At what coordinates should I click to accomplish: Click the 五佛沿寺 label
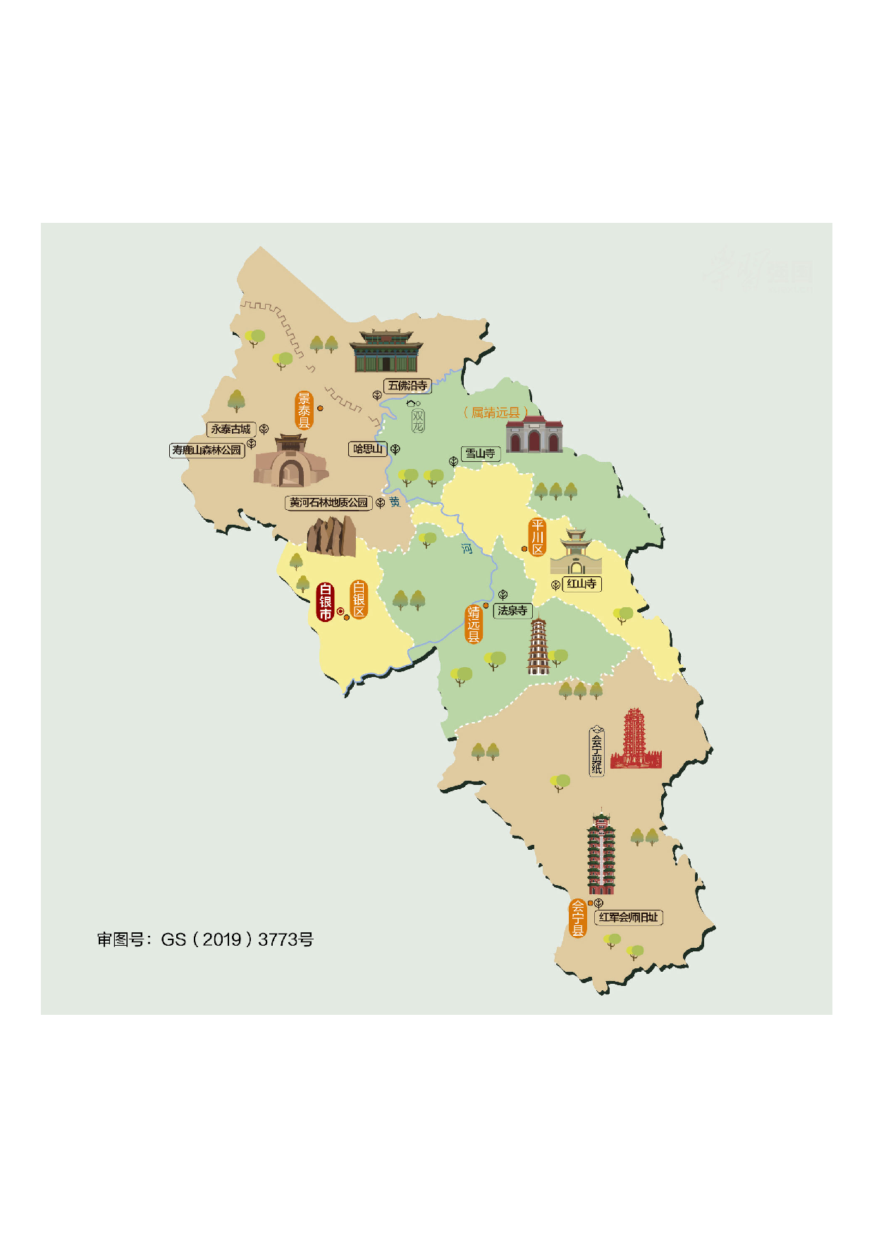click(408, 386)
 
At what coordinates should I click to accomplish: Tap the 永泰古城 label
click(230, 429)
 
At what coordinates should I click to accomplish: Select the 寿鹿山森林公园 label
click(207, 450)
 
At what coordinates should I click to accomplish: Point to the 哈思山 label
click(368, 449)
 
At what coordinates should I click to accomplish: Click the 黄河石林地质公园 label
click(328, 503)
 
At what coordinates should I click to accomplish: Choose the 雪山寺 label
click(480, 453)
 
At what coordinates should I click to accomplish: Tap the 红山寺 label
click(581, 584)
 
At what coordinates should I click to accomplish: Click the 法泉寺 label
click(512, 611)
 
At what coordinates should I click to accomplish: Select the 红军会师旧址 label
click(629, 918)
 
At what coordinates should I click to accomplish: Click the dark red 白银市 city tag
click(325, 602)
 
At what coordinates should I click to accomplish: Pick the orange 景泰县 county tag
click(304, 410)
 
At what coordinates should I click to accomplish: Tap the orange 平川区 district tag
click(538, 537)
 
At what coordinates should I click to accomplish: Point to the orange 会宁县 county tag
click(578, 918)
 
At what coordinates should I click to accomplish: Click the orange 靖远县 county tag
click(474, 624)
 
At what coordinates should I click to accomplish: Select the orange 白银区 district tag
click(359, 599)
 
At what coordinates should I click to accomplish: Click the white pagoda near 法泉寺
click(538, 646)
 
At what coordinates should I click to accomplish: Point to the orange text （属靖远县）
click(496, 413)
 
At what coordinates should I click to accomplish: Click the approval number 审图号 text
click(205, 939)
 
